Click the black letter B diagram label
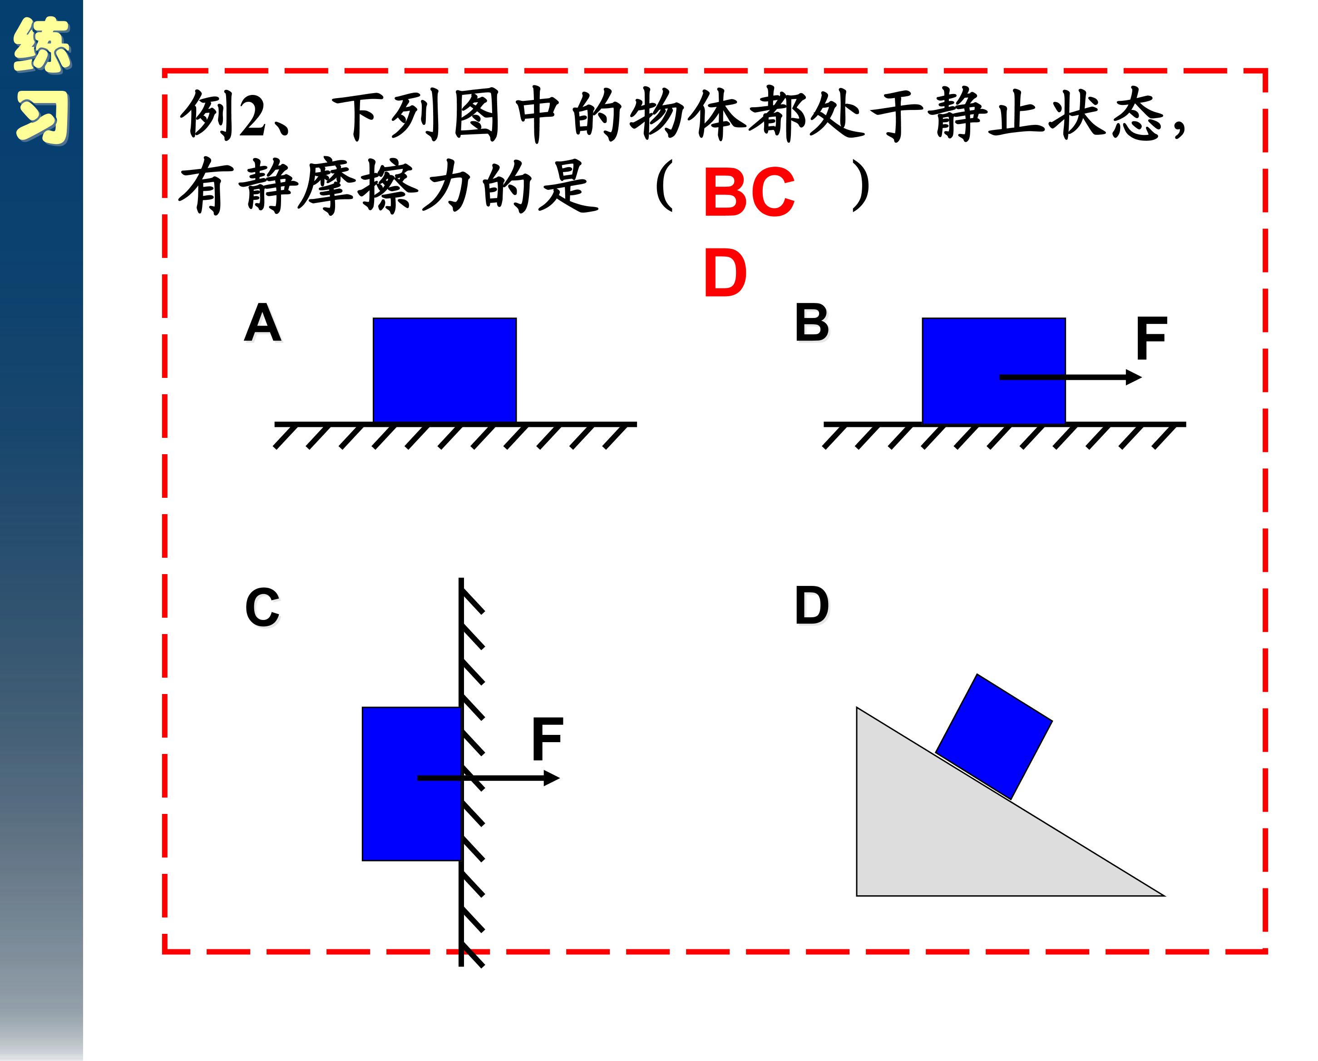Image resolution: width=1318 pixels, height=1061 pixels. pos(811,322)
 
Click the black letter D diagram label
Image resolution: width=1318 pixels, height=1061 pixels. pos(812,605)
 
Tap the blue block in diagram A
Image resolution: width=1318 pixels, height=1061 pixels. pos(444,370)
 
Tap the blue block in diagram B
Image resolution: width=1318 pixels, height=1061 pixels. pos(993,370)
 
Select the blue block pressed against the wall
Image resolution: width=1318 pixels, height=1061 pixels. pos(411,783)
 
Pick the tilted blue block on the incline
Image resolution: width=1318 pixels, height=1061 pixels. pos(993,736)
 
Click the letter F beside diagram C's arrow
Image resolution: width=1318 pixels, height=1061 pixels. pos(547,739)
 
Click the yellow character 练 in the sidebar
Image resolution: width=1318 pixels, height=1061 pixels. pos(42,45)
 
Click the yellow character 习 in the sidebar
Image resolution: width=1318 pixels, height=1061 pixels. pos(42,118)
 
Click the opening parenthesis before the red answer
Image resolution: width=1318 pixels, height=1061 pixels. pos(665,185)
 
